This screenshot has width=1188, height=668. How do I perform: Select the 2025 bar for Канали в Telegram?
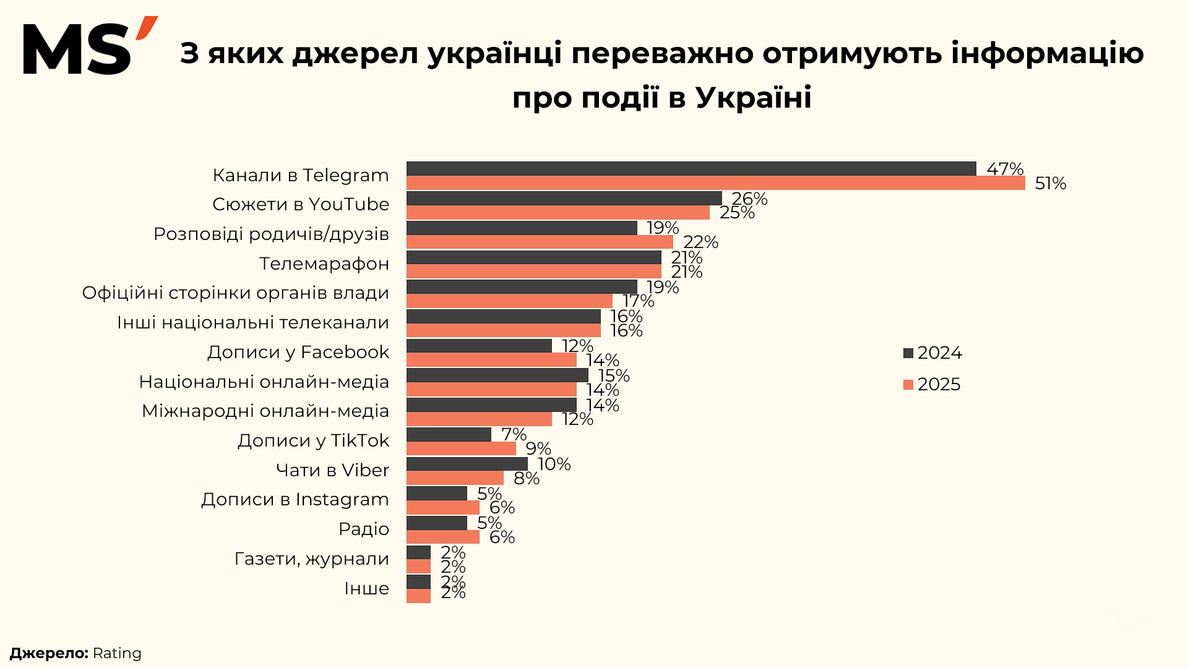[x=715, y=183]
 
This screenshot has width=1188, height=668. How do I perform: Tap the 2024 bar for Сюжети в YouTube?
[x=564, y=198]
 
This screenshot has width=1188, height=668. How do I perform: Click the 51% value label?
[x=1050, y=184]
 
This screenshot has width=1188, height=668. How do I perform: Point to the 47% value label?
[x=1004, y=169]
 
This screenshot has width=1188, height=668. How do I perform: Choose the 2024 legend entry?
[x=933, y=353]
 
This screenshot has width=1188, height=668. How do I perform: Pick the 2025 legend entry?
[x=932, y=385]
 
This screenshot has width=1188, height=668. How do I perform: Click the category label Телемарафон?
[x=324, y=264]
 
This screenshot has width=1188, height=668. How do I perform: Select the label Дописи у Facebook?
[x=298, y=353]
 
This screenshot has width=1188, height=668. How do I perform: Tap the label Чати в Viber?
[x=332, y=471]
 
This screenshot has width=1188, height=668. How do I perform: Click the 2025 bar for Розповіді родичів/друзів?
[x=540, y=242]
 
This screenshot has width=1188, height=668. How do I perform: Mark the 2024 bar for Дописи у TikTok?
[x=449, y=434]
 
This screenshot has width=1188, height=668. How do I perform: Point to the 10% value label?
[x=554, y=465]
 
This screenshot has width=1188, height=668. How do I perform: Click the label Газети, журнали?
[x=312, y=559]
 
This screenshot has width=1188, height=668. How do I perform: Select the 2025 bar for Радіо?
[x=442, y=537]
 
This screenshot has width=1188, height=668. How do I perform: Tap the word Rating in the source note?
[x=117, y=654]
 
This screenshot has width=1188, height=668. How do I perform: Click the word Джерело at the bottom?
[x=48, y=654]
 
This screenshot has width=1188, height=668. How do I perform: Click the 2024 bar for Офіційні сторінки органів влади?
[x=522, y=286]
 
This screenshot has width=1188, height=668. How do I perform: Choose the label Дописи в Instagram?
[x=295, y=500]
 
